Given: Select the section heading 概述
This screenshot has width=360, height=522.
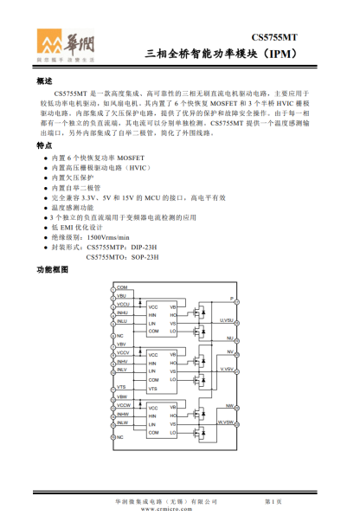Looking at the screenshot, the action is point(45,81).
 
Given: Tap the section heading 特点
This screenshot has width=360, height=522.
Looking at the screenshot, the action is point(45,146).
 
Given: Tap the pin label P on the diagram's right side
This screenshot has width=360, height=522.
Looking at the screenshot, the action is point(231,299).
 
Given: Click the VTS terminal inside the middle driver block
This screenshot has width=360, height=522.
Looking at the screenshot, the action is point(152,390).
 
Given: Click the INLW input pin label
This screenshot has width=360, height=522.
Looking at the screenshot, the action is point(122,423).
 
